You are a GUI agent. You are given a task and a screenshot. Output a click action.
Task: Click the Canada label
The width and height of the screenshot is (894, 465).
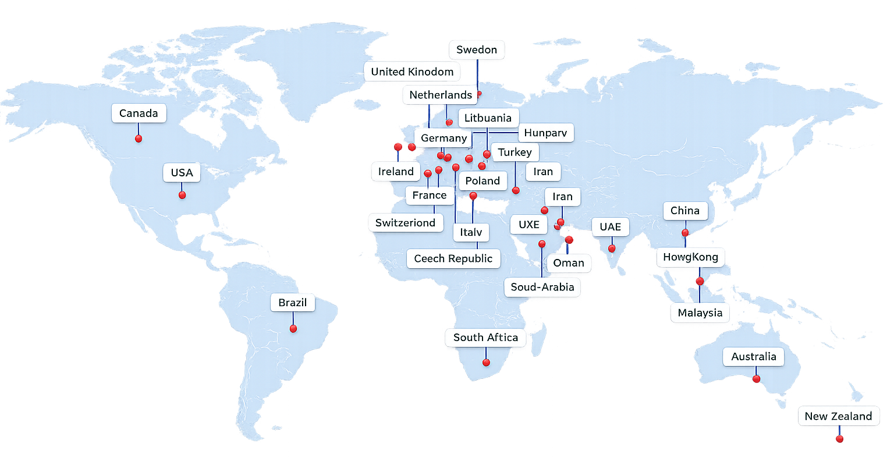coord(139,113)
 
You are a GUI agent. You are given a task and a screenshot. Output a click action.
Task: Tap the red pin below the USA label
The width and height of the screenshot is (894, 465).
coord(182,195)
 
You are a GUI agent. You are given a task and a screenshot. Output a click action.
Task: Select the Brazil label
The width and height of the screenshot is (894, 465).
coord(292,303)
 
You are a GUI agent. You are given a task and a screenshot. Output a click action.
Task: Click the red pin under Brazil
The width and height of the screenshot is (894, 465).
coord(293,329)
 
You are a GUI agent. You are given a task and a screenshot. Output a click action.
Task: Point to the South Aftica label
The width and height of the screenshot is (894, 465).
coord(485,338)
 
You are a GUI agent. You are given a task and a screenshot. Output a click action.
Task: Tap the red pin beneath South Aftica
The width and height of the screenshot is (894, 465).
coord(487,363)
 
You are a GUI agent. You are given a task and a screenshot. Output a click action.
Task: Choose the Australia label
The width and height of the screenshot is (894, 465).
coord(753,357)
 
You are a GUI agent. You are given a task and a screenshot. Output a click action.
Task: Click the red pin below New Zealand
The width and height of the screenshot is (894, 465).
coord(839,439)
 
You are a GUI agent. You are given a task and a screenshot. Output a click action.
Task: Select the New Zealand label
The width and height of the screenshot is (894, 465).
coord(838,416)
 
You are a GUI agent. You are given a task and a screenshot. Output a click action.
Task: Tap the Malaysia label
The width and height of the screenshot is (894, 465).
coord(700,313)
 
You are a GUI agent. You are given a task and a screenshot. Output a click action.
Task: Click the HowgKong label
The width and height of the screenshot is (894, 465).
coord(690,257)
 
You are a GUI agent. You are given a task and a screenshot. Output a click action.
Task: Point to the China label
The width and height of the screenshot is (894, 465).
coord(685,211)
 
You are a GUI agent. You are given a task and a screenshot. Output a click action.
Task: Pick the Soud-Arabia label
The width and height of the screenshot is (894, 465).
coord(542,287)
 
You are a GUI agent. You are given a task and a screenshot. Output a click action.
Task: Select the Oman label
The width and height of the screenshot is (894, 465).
coord(568,263)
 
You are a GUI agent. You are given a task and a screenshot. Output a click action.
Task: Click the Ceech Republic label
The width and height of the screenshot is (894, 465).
coord(453,259)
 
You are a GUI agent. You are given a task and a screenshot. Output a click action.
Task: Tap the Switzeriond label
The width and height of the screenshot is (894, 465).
coord(405,223)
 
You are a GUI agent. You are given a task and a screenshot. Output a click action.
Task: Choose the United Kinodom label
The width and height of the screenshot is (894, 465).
coord(412,72)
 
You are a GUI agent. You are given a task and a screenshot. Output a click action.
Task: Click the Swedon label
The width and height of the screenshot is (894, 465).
coord(476,50)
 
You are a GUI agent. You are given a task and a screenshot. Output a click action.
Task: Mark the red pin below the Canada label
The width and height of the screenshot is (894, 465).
coord(139,139)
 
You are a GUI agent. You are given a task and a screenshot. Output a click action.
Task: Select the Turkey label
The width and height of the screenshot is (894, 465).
coord(515,152)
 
